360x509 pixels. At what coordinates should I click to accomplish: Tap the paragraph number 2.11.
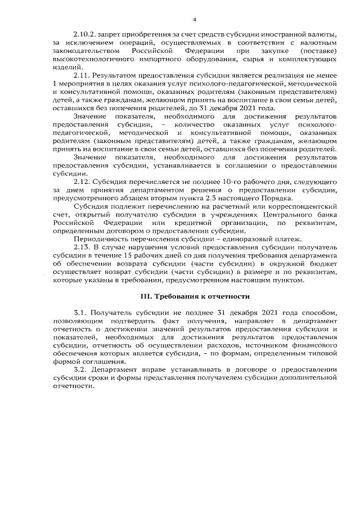click(x=82, y=74)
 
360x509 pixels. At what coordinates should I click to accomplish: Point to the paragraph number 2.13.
click(x=82, y=247)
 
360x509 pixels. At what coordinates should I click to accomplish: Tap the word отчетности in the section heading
click(x=227, y=296)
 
